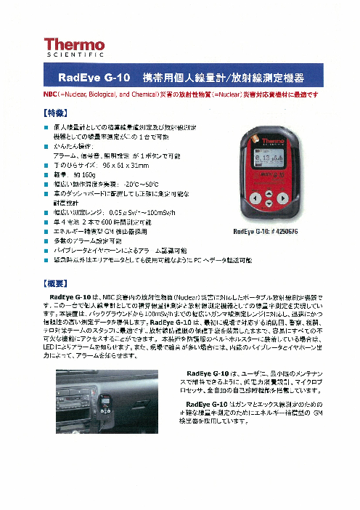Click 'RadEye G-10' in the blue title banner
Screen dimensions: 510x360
97,78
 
